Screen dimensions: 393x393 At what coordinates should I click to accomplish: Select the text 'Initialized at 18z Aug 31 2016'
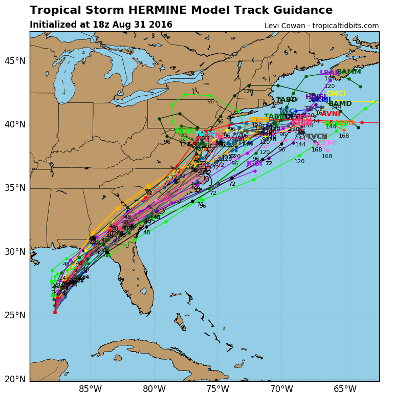(x=101, y=25)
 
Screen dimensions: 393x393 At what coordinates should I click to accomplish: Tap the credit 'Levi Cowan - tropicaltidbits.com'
(x=321, y=26)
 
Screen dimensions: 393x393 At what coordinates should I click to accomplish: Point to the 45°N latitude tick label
(x=15, y=61)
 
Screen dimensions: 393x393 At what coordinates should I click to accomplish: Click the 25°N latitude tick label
(x=15, y=315)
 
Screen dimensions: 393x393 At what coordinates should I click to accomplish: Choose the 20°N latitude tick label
(x=15, y=379)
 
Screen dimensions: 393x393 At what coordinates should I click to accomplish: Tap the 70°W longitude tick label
(x=281, y=389)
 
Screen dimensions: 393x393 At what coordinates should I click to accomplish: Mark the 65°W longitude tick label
(x=344, y=389)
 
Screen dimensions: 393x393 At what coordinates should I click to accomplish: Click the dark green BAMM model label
(x=349, y=72)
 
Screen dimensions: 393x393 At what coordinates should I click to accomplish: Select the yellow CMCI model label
(x=336, y=94)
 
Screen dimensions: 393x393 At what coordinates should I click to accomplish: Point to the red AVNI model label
(x=331, y=114)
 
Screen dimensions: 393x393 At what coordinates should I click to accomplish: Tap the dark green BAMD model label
(x=340, y=104)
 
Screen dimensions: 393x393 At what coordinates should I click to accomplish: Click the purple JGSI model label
(x=254, y=164)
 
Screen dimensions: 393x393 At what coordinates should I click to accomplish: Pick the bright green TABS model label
(x=185, y=132)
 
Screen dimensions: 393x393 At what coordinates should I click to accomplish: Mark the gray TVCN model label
(x=317, y=137)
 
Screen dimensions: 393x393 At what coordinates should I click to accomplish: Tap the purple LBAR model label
(x=329, y=73)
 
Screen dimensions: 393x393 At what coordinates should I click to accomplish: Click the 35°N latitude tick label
(x=15, y=188)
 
